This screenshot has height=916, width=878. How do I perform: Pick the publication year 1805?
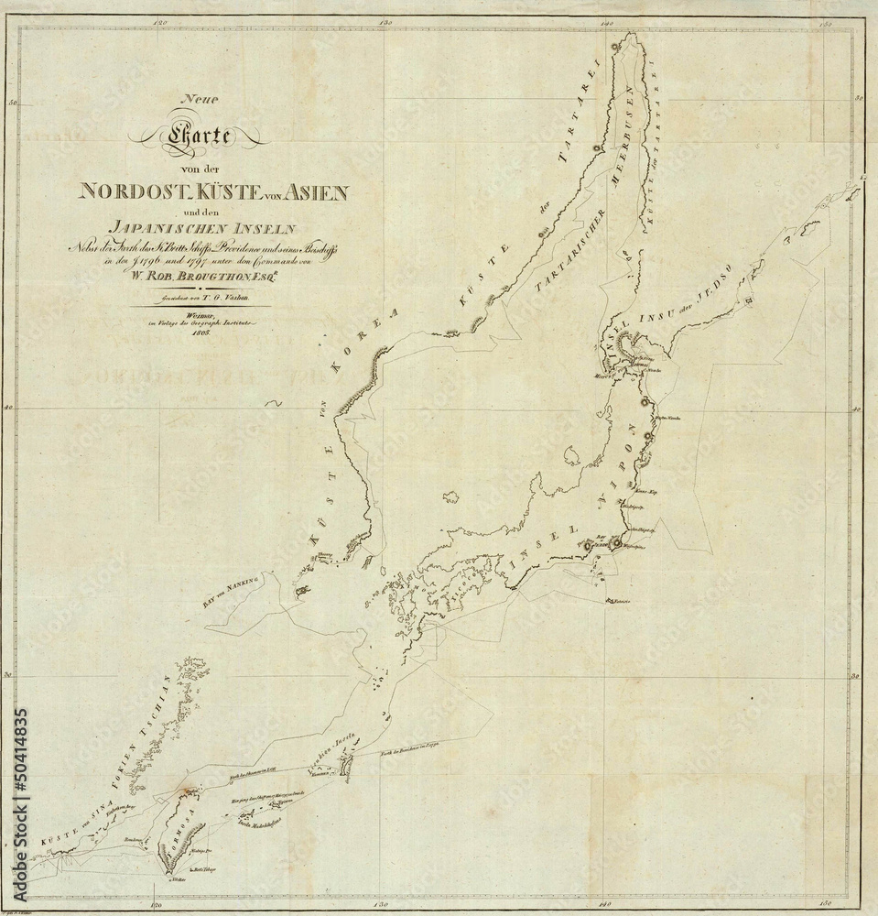click(198, 335)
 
